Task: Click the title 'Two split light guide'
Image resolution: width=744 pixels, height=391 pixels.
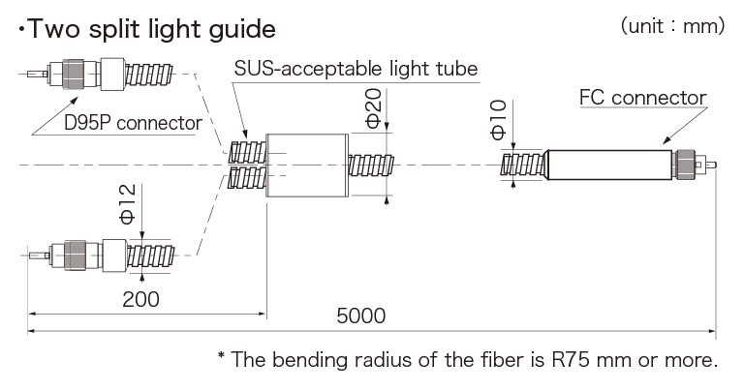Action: coord(146,29)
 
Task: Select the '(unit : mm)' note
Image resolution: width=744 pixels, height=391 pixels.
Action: coord(672,26)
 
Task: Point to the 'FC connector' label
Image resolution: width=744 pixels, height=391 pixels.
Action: coord(642,98)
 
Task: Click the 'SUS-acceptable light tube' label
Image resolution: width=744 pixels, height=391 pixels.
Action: coord(356,70)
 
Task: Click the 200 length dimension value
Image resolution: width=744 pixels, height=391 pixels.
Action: coord(141,299)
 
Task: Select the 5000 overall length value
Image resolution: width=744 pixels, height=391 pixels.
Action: coord(360,316)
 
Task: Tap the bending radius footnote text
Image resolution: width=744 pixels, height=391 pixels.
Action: coord(468,361)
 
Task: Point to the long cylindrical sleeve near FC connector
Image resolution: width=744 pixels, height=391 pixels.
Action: coord(608,165)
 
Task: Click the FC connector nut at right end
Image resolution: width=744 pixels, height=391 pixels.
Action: coord(686,165)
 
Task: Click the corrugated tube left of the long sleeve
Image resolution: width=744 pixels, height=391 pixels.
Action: coord(523,165)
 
